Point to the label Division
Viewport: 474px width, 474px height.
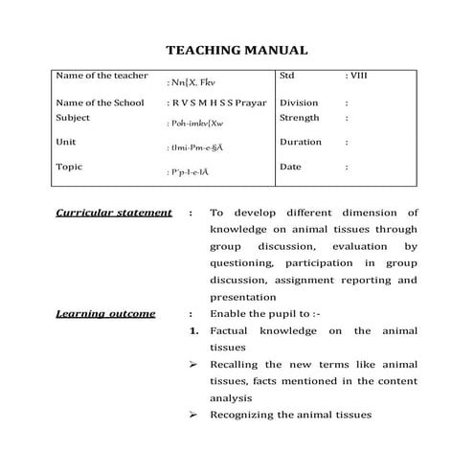[x=299, y=102]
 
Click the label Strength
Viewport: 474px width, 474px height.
[x=299, y=118]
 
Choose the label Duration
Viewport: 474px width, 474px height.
[x=300, y=142]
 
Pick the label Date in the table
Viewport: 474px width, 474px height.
[x=290, y=166]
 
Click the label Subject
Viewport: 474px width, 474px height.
[x=73, y=118]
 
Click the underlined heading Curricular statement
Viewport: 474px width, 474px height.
[x=114, y=213]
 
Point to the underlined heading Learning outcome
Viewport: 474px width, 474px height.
[x=105, y=313]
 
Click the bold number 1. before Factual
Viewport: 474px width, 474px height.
[x=193, y=330]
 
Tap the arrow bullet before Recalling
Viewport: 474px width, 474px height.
[x=193, y=364]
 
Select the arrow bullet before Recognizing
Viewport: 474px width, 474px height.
[x=193, y=415]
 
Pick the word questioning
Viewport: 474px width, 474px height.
[x=243, y=262]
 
